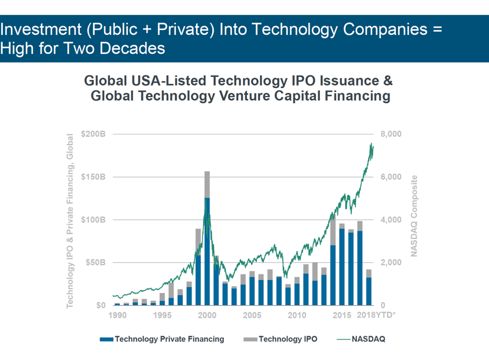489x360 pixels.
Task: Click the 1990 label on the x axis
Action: click(117, 315)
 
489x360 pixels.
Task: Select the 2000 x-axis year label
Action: click(207, 315)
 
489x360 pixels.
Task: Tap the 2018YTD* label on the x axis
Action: click(376, 315)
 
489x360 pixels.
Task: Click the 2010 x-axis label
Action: click(297, 315)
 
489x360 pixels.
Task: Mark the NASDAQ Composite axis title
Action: click(414, 216)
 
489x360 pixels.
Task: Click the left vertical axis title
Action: click(70, 221)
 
